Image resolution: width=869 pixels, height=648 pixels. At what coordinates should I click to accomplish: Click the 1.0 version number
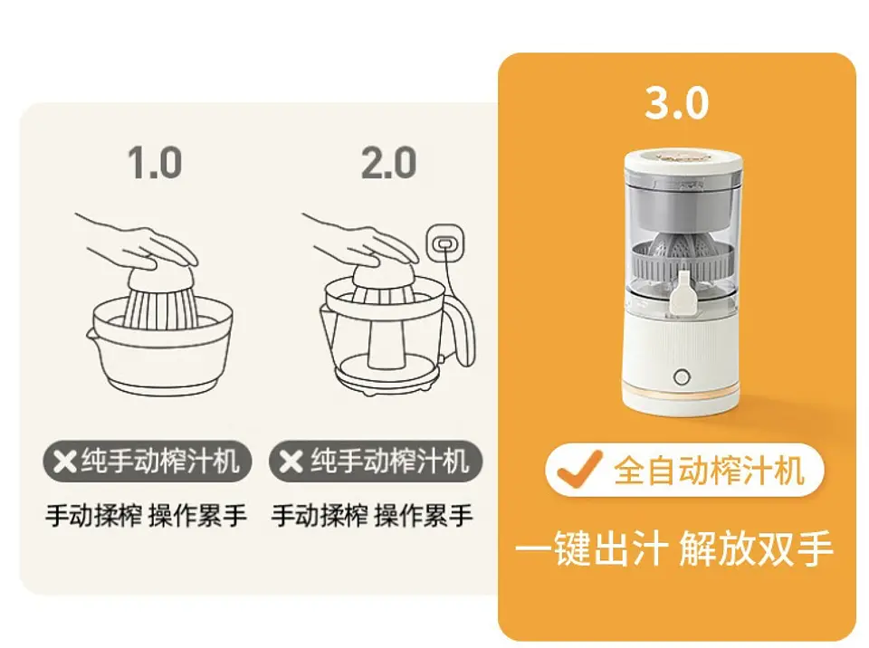(x=155, y=162)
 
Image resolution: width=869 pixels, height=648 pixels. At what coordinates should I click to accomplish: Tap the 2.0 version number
(x=388, y=162)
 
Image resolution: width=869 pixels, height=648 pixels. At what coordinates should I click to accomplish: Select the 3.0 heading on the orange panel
(x=677, y=102)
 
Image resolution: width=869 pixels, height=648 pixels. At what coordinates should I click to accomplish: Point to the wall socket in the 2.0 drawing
(x=444, y=243)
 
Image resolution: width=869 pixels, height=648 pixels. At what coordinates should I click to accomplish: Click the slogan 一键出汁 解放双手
(x=673, y=548)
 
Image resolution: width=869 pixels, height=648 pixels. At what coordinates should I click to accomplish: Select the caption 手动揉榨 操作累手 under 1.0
(x=146, y=516)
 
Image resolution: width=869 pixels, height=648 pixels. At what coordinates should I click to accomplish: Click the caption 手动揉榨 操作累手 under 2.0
(x=372, y=516)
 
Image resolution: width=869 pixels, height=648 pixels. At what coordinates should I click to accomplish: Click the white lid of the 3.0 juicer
(x=683, y=164)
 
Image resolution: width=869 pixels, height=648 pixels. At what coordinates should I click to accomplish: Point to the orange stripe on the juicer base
(x=681, y=395)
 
